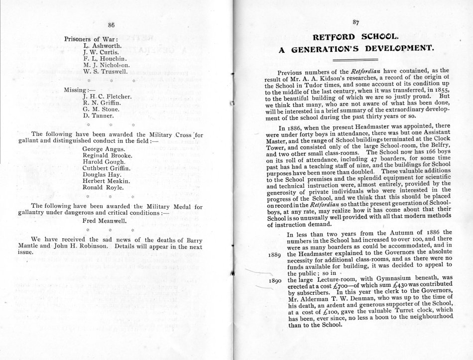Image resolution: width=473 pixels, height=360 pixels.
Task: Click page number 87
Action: pyautogui.click(x=355, y=22)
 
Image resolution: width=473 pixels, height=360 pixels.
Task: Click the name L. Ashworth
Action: pyautogui.click(x=101, y=45)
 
